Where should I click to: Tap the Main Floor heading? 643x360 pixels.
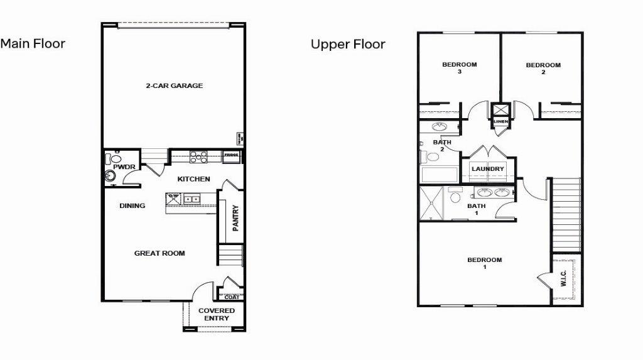[x=33, y=44]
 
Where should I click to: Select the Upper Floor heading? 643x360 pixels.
[x=348, y=45]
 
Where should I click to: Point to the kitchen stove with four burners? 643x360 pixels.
[x=199, y=157]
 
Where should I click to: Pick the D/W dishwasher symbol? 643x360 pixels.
[x=174, y=199]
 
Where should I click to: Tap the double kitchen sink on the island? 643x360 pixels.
[x=192, y=199]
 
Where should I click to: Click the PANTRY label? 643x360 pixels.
[x=235, y=218]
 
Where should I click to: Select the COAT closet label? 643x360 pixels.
[x=232, y=297]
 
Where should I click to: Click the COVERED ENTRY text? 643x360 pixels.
[x=217, y=314]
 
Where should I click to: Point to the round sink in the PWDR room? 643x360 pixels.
[x=111, y=177]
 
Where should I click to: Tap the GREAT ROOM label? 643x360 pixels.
[x=159, y=253]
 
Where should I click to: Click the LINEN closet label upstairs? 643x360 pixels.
[x=500, y=121]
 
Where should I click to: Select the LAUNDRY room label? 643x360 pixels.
[x=488, y=169]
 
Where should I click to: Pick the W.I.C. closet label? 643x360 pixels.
[x=563, y=278]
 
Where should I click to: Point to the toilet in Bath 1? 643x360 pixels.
[x=455, y=195]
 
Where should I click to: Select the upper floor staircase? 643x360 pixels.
[x=565, y=214]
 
